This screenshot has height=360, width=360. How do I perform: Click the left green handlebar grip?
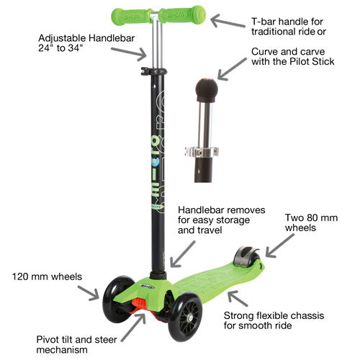tap(132, 16)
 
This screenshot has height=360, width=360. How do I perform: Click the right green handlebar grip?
tap(183, 14)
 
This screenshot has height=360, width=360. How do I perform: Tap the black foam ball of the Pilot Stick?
tap(207, 90)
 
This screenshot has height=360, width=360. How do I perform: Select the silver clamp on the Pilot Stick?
tap(202, 152)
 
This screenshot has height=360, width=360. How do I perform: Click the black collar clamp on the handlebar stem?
tap(154, 71)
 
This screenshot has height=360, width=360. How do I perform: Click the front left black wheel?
tap(118, 299)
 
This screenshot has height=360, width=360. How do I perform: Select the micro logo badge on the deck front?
tap(147, 287)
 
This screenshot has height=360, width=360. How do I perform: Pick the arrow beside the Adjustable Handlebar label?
tap(129, 54)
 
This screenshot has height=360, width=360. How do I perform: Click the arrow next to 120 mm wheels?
tap(89, 293)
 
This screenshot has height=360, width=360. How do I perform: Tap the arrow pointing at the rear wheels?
tap(279, 246)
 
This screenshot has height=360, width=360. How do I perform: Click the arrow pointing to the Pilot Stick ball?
tap(232, 69)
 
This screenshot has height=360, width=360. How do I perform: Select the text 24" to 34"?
tap(60, 48)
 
